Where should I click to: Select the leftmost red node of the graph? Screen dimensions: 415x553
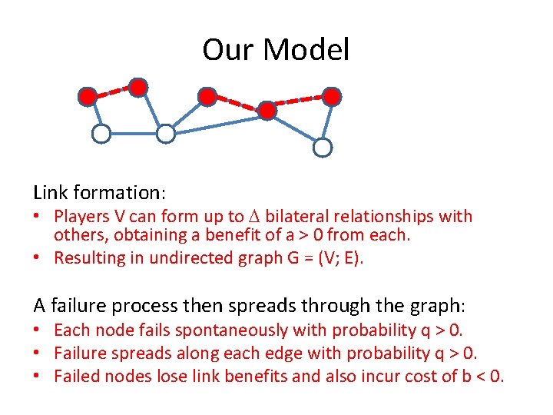88,97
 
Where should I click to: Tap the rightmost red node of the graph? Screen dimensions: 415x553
331,96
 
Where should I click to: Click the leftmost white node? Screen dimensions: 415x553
101,134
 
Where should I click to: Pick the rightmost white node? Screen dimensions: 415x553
323,147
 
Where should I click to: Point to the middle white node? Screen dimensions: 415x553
166,134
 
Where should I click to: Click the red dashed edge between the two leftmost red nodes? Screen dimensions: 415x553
113,91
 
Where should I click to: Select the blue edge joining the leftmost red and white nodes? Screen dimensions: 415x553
94,115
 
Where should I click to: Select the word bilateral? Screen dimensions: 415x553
300,217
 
